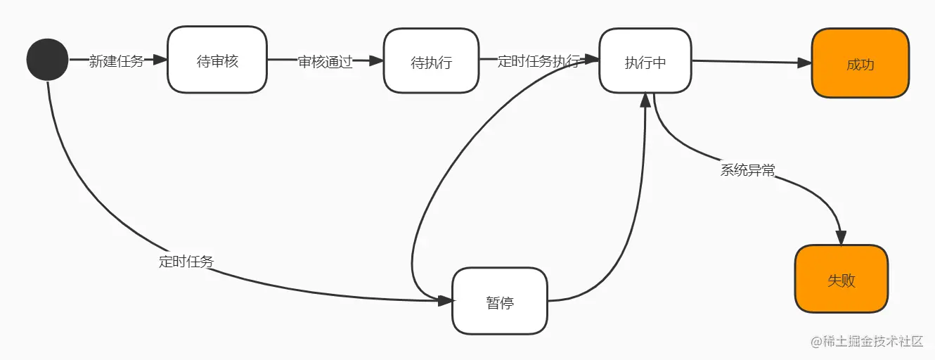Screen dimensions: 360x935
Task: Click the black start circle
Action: [47, 60]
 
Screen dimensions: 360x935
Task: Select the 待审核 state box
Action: [217, 60]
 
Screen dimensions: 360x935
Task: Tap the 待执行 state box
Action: [431, 62]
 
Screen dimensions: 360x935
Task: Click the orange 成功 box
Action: [860, 64]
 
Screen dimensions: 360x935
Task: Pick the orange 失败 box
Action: [841, 279]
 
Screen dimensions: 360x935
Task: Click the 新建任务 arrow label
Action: [116, 61]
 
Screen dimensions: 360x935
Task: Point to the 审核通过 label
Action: [325, 62]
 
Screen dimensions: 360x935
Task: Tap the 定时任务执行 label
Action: [538, 61]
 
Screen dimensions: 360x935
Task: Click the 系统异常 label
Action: [747, 169]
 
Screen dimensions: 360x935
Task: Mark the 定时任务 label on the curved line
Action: [186, 262]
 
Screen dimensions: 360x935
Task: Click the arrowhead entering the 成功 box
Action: [805, 63]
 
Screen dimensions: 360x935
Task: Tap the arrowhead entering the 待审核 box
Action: [161, 60]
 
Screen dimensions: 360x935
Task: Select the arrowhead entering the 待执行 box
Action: [378, 62]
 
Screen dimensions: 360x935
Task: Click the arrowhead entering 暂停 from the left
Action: [446, 301]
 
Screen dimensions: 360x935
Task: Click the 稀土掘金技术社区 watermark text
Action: [872, 341]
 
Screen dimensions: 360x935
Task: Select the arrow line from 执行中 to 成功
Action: [745, 62]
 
